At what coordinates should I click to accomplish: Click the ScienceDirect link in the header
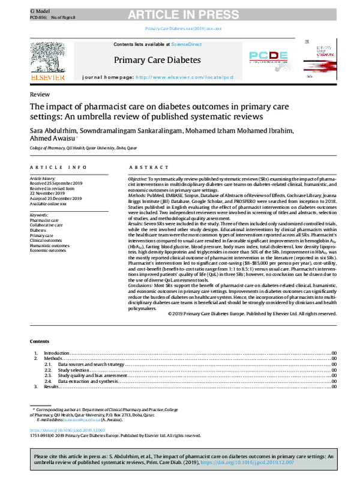[x=187, y=45]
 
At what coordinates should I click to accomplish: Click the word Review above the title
[x=39, y=95]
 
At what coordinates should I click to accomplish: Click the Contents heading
[x=41, y=341]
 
